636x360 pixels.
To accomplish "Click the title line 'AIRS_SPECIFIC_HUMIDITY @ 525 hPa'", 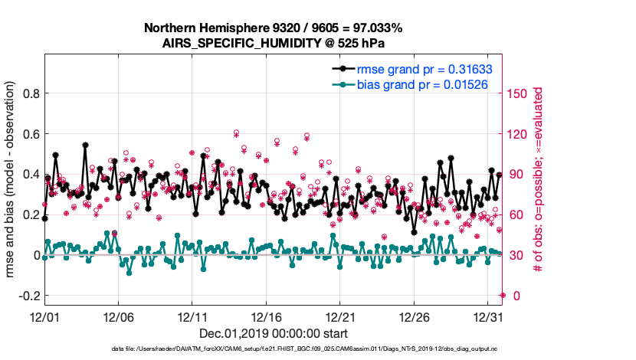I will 274,43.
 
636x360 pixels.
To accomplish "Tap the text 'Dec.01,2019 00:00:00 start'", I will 274,334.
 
